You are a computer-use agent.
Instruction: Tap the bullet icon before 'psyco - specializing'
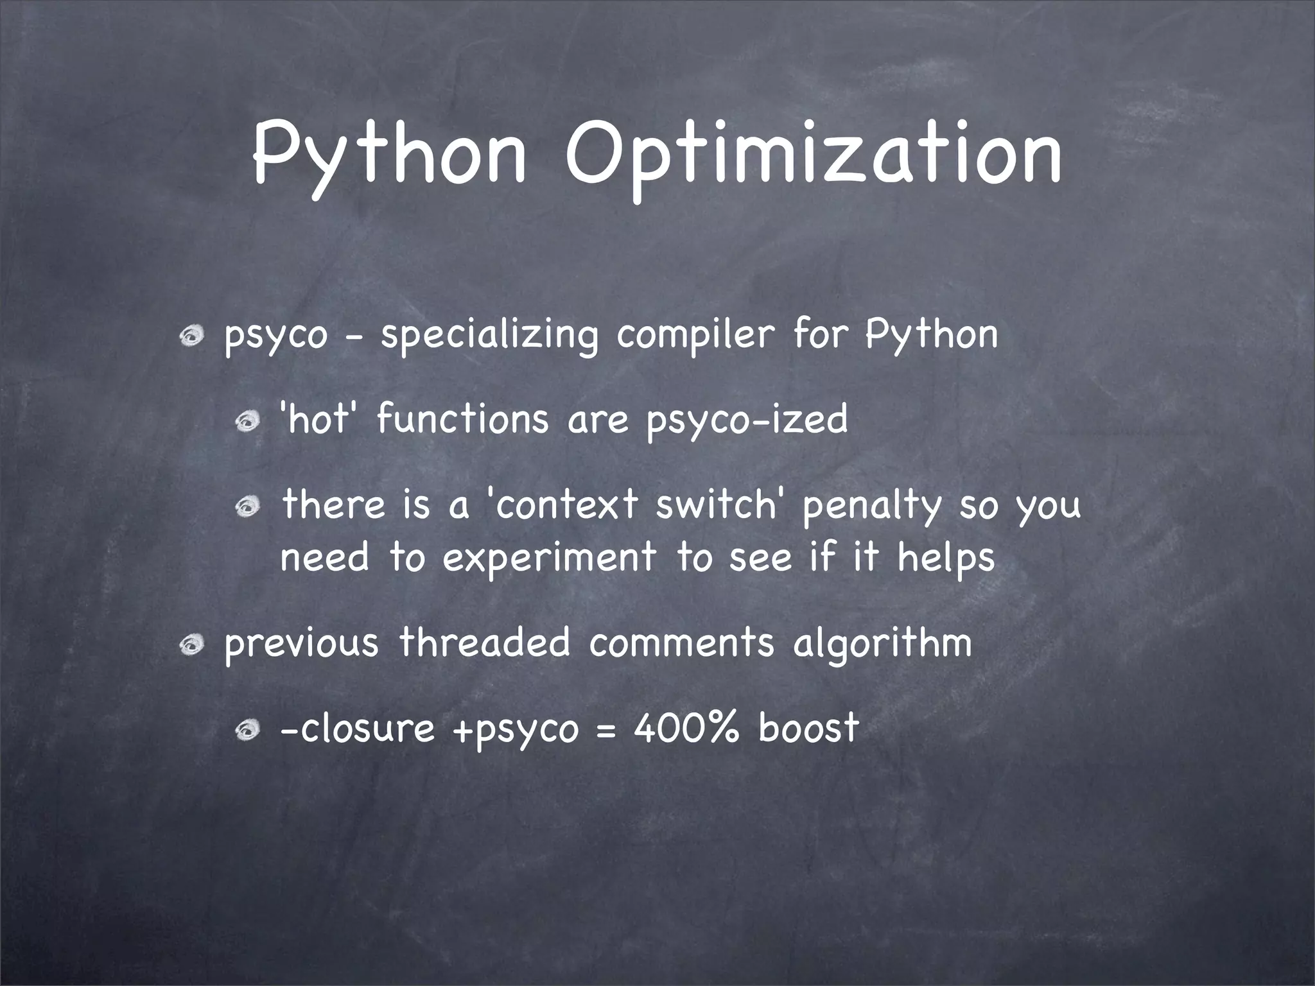pos(191,335)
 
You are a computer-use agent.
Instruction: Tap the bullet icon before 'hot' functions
pos(246,421)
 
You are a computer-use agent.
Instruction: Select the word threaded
pos(484,643)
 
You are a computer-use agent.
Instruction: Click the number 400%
pos(686,728)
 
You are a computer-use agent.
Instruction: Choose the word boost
pos(808,728)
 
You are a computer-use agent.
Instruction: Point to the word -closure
pos(357,728)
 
